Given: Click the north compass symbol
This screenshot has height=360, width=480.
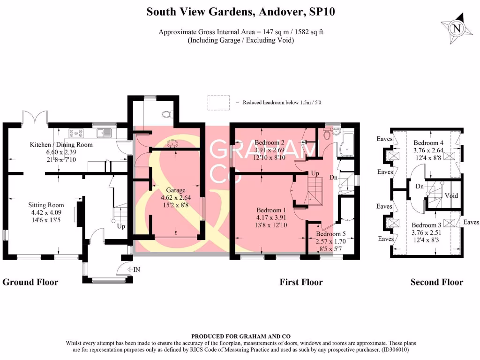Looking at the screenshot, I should pyautogui.click(x=455, y=28).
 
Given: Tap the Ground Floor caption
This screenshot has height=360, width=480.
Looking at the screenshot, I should pyautogui.click(x=30, y=282).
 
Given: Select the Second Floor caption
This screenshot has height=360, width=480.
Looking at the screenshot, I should pyautogui.click(x=436, y=282).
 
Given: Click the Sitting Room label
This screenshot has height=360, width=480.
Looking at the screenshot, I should pyautogui.click(x=46, y=205).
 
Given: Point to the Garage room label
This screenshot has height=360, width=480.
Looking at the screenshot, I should pyautogui.click(x=176, y=191).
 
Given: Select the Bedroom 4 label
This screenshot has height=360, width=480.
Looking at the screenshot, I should pyautogui.click(x=428, y=142).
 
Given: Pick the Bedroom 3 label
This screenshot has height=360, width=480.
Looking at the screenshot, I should pyautogui.click(x=426, y=225).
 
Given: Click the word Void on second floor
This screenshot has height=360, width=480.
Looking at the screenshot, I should pyautogui.click(x=451, y=195).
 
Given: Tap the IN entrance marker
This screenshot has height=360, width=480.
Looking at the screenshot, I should pyautogui.click(x=136, y=270).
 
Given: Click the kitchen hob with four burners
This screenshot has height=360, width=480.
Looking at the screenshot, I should pyautogui.click(x=75, y=133).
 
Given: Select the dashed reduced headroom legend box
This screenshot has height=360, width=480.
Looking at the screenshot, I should pyautogui.click(x=218, y=102).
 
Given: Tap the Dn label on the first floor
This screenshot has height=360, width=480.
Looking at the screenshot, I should pyautogui.click(x=333, y=178).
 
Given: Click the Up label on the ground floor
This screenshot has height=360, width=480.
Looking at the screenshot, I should pyautogui.click(x=121, y=226).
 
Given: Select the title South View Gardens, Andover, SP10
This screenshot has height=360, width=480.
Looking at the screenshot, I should pyautogui.click(x=240, y=12).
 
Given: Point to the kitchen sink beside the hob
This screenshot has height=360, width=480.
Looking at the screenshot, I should pyautogui.click(x=103, y=133).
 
